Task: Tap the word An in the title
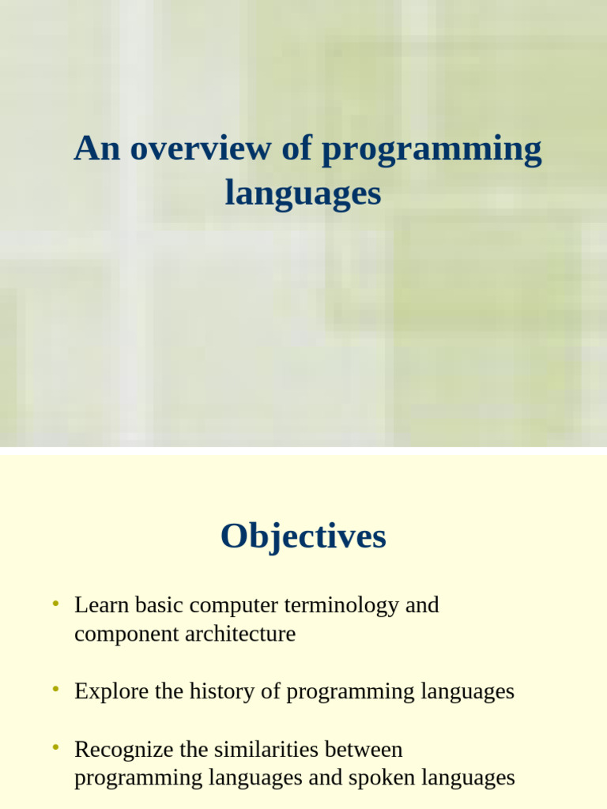[x=97, y=149]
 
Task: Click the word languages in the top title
[x=303, y=194]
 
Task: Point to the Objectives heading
[x=303, y=536]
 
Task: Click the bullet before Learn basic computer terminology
[x=55, y=604]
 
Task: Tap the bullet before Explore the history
[x=55, y=690]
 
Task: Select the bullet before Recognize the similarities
[x=55, y=747]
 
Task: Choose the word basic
[x=160, y=606]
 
